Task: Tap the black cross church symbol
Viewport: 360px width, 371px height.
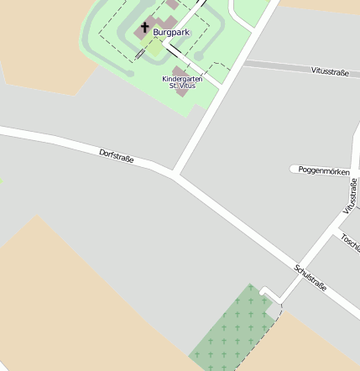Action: pos(144,28)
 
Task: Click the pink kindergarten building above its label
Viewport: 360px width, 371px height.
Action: pos(180,70)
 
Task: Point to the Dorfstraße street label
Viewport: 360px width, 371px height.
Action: pos(117,155)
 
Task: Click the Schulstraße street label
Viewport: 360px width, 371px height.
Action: pos(310,279)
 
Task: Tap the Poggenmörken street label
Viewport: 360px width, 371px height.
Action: pos(324,170)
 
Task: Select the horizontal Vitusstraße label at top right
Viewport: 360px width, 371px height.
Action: pos(330,73)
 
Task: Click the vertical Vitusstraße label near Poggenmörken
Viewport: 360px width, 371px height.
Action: pos(351,195)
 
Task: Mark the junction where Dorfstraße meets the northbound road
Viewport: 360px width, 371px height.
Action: pos(175,174)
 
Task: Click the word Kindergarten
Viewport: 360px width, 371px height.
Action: pos(182,78)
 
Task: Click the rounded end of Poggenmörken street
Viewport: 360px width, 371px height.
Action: pos(295,170)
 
